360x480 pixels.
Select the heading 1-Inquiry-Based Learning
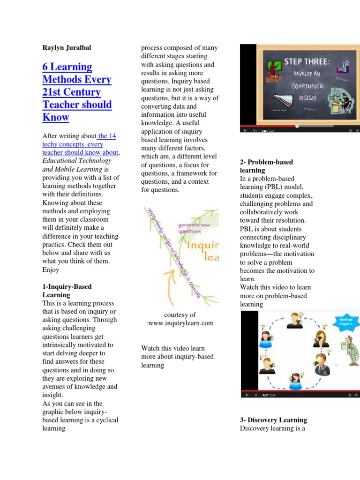tap(67, 291)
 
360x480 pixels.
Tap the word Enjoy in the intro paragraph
tap(51, 270)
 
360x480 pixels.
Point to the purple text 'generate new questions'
tap(195, 228)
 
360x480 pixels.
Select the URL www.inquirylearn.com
tap(180, 323)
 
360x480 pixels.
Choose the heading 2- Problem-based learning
tap(266, 166)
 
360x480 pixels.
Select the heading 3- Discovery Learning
tap(273, 420)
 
